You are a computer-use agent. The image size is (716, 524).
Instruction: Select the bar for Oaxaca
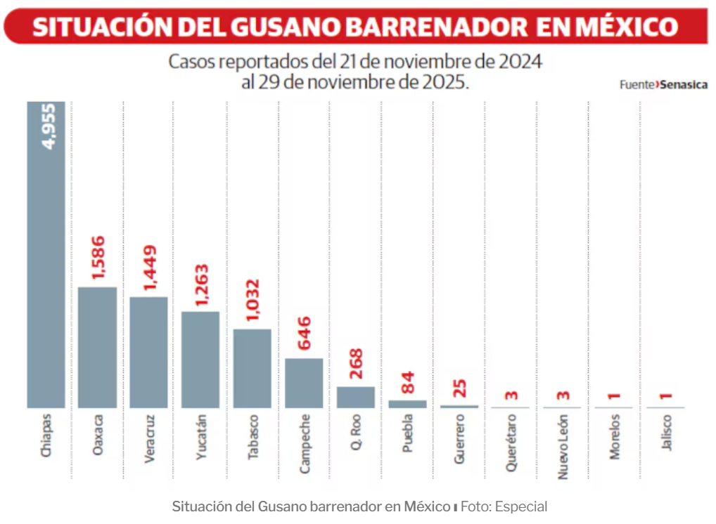pos(97,347)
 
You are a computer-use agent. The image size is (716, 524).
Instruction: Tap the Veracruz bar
pos(149,352)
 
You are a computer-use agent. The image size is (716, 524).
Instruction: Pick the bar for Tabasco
pos(252,368)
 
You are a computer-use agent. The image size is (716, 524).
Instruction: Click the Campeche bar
pos(304,383)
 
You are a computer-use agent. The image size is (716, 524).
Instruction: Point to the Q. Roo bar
pos(356,397)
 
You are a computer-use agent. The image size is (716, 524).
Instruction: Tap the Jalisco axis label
pos(667,433)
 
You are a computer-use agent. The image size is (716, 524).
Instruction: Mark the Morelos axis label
pos(615,436)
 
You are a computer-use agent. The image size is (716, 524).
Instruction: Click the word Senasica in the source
pos(684,84)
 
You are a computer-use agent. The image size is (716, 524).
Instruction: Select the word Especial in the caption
pos(521,506)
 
